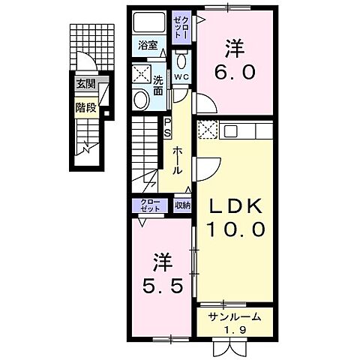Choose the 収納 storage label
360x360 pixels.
(183, 205)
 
